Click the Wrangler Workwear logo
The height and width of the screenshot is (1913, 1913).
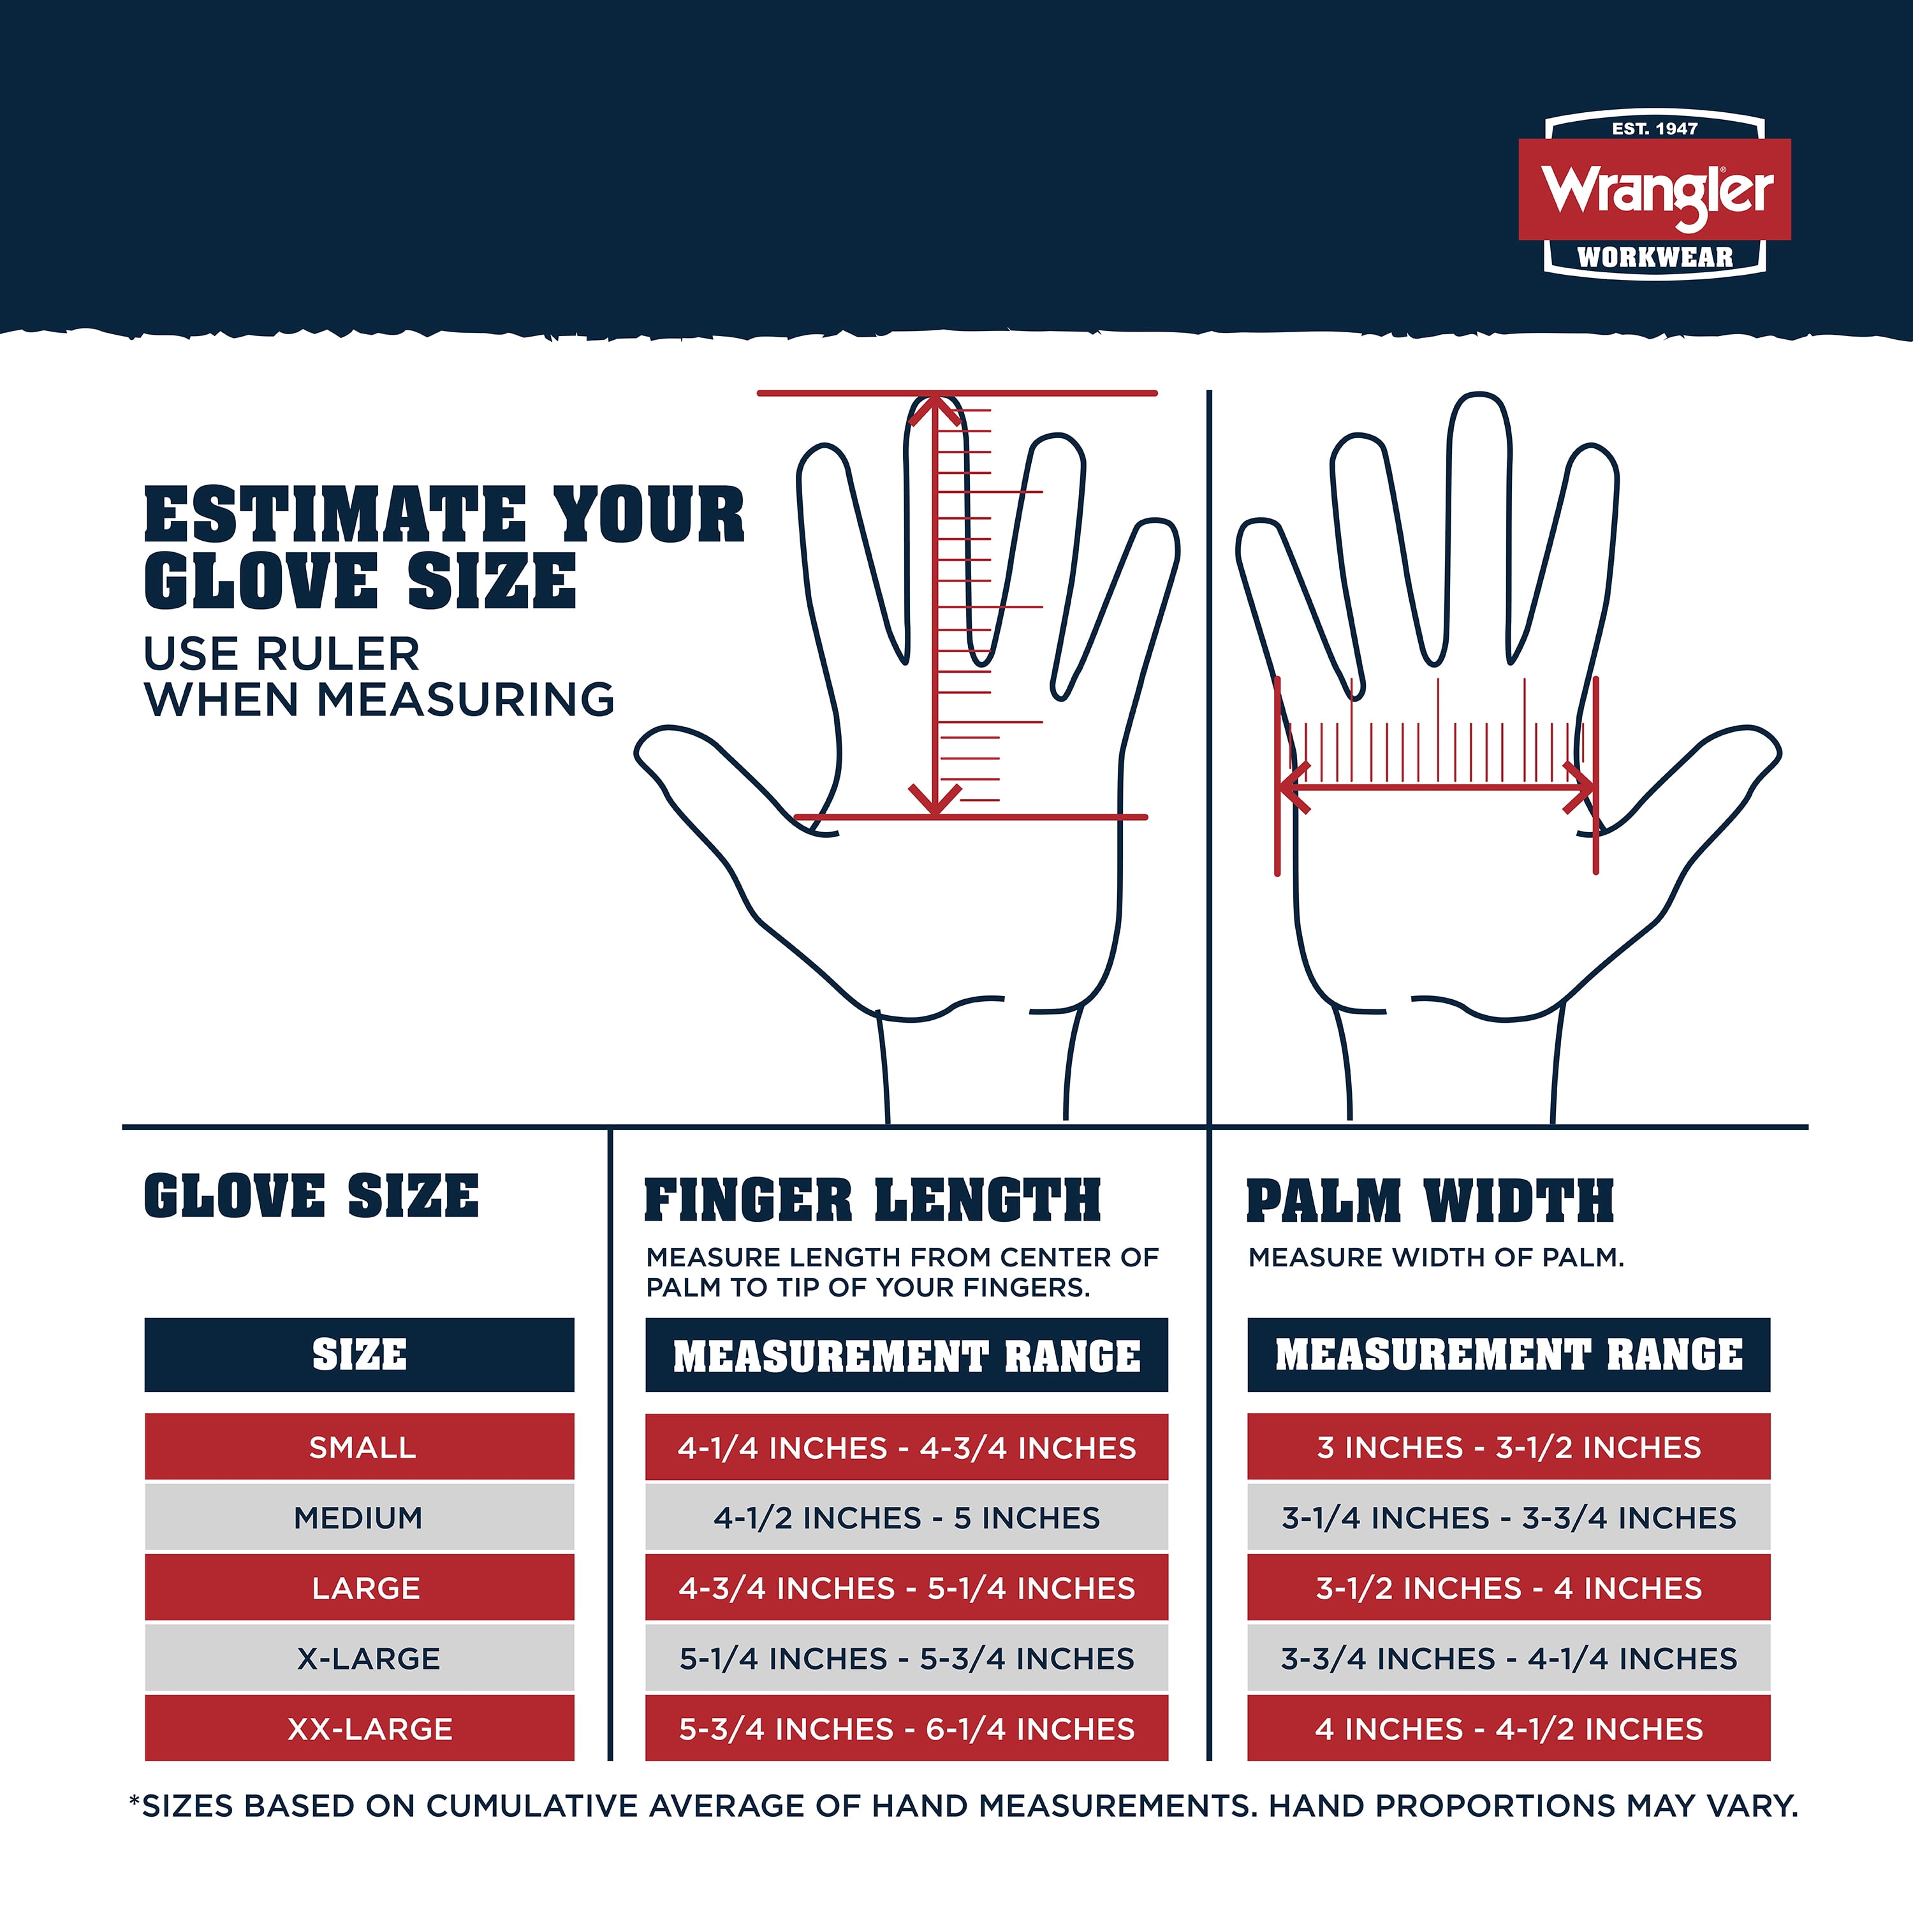(1655, 196)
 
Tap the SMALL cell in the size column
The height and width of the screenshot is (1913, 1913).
(360, 1447)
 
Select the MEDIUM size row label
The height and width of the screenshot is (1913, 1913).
(360, 1517)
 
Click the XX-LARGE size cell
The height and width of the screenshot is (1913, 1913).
(360, 1728)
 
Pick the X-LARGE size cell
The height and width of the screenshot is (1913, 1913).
(360, 1657)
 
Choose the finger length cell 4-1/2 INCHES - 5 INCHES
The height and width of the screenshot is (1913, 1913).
(906, 1517)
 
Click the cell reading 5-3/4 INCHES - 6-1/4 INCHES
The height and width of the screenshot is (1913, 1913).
(906, 1728)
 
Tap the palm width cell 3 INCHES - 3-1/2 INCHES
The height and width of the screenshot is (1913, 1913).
(1508, 1447)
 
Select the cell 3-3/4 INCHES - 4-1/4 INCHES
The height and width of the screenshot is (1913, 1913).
(1508, 1657)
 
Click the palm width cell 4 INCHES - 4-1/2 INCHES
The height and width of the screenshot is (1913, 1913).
(1508, 1728)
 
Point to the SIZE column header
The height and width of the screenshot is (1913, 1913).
(360, 1354)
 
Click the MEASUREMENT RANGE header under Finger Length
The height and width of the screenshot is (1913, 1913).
(906, 1354)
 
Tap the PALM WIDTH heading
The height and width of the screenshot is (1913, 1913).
(1430, 1200)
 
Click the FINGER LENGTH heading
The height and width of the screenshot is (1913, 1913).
(872, 1200)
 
